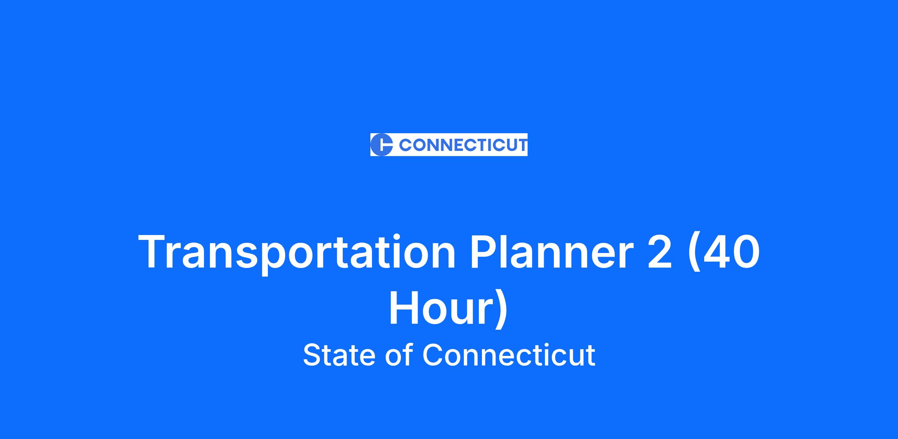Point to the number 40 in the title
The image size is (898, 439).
point(731,251)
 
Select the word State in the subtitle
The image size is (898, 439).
point(339,354)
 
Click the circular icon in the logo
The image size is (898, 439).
point(381,144)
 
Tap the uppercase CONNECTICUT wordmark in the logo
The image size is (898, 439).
point(463,145)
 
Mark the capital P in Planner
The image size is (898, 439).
point(483,251)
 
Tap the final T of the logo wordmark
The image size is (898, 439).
point(522,145)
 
